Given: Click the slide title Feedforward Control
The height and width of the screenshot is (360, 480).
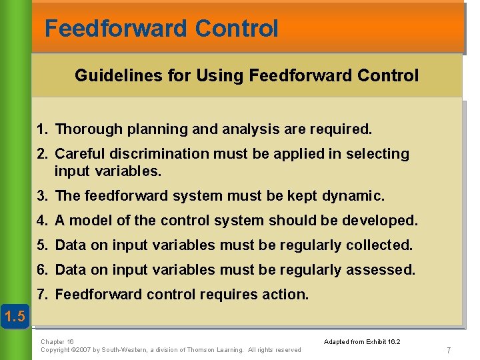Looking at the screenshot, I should pyautogui.click(x=161, y=29).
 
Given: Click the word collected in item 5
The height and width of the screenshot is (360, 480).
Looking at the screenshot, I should pyautogui.click(x=379, y=245).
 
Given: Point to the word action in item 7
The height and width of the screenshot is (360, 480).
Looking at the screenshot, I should pyautogui.click(x=287, y=294).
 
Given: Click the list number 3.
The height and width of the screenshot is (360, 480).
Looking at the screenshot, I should pyautogui.click(x=42, y=196).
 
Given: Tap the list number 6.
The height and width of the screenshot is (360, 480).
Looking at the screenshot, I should pyautogui.click(x=42, y=270).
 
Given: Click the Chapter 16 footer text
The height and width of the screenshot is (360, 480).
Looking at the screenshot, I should pyautogui.click(x=57, y=341).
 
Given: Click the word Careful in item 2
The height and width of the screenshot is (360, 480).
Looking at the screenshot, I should pyautogui.click(x=79, y=154).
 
